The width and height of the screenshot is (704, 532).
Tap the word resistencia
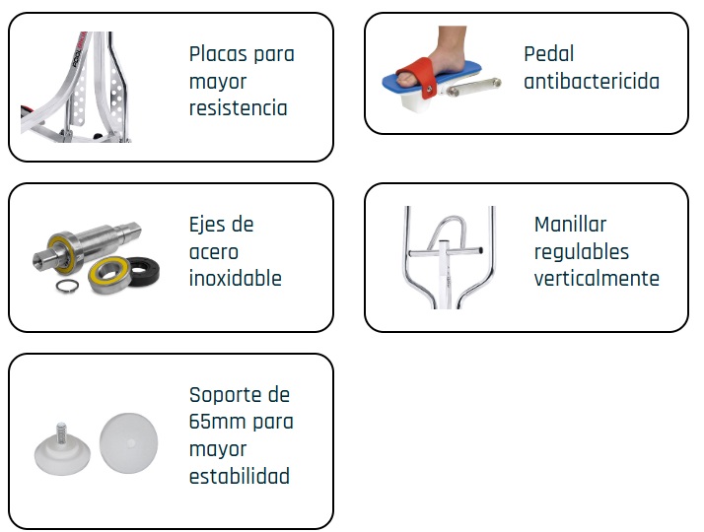click(x=238, y=108)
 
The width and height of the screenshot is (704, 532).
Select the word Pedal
click(x=548, y=54)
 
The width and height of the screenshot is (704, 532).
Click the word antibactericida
click(x=592, y=82)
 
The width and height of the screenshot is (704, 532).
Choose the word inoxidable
click(x=236, y=279)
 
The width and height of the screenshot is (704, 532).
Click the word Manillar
click(x=570, y=225)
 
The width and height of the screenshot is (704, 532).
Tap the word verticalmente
click(x=597, y=279)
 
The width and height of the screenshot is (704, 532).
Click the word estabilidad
click(x=240, y=476)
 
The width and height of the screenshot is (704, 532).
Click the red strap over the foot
click(x=418, y=76)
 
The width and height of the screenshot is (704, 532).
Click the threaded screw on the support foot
click(x=61, y=432)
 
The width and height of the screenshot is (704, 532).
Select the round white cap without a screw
click(x=128, y=443)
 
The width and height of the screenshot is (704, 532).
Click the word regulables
click(x=582, y=251)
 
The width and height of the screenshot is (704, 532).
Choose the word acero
click(x=213, y=252)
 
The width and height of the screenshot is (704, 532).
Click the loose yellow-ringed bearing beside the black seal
click(x=110, y=275)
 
